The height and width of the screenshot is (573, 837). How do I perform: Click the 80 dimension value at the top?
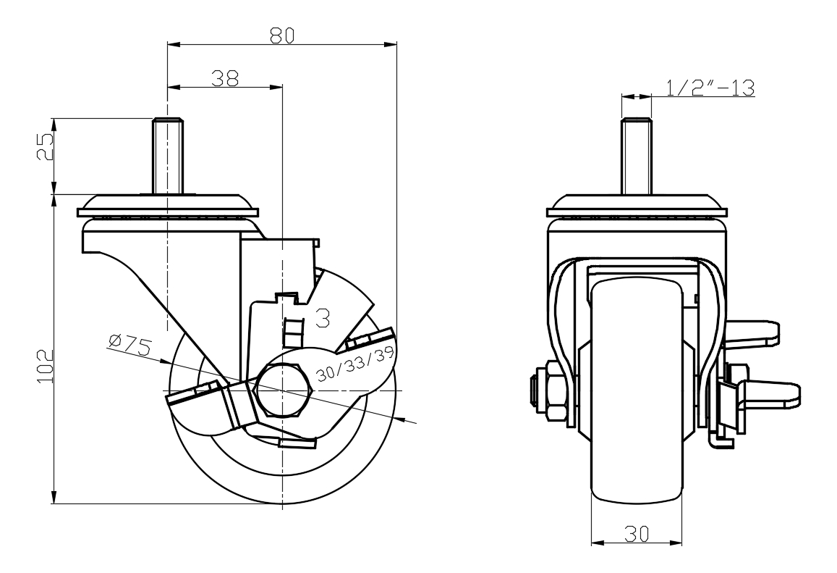(281, 35)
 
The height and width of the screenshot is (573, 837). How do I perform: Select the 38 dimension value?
(225, 78)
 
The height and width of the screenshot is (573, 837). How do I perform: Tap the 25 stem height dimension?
(45, 149)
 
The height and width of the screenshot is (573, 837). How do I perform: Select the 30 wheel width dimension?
(636, 533)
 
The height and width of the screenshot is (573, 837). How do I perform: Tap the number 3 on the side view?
(324, 316)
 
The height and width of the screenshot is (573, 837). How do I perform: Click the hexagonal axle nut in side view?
(283, 390)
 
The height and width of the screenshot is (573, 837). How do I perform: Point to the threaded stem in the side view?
(166, 155)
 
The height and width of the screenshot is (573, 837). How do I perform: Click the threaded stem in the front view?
(637, 155)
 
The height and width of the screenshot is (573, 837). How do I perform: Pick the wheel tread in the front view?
(637, 391)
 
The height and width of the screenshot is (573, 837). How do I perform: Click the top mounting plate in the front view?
(637, 205)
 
